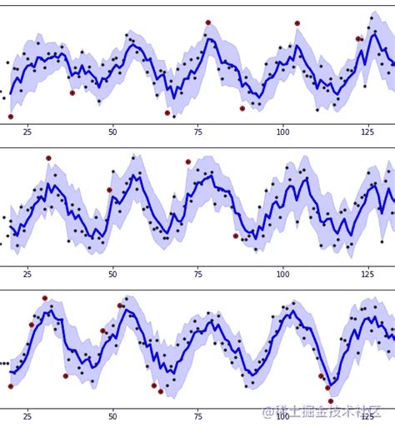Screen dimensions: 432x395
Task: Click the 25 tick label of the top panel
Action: click(x=27, y=132)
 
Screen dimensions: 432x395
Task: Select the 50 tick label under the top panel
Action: click(x=112, y=132)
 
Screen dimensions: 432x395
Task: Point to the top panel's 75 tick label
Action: click(x=198, y=132)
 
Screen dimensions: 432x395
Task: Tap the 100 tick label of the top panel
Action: click(x=283, y=132)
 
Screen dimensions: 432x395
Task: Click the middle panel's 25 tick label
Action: click(x=27, y=273)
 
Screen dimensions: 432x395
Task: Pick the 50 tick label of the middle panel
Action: click(x=112, y=273)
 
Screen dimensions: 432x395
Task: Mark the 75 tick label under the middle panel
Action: click(x=198, y=273)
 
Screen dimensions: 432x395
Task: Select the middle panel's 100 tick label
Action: click(x=283, y=273)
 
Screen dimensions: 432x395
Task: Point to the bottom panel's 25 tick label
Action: click(x=27, y=415)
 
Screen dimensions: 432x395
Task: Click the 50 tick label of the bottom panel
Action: click(x=112, y=415)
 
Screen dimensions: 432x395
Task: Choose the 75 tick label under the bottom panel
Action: click(x=198, y=415)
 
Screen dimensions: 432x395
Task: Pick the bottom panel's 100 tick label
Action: click(x=283, y=415)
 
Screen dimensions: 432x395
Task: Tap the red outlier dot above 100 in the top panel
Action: click(x=297, y=23)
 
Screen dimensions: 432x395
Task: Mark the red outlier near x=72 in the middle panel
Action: click(x=188, y=162)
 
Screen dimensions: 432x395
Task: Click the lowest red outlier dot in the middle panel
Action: click(x=236, y=236)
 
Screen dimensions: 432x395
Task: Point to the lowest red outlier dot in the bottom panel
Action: click(x=330, y=401)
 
